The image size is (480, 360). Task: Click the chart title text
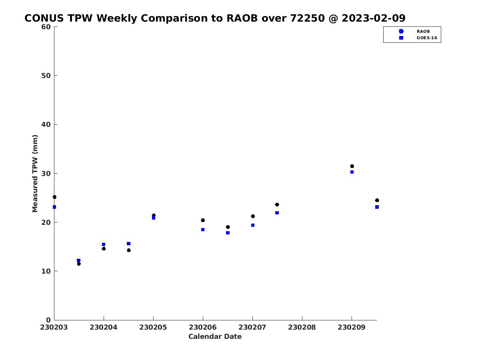tap(215, 18)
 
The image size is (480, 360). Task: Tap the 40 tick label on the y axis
tap(46, 124)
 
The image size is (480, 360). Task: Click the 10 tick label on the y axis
tap(46, 271)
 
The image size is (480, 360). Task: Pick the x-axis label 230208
tap(302, 327)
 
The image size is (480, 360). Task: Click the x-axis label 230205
tap(153, 327)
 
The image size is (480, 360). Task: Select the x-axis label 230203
tap(54, 327)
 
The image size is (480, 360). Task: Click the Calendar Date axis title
tap(215, 336)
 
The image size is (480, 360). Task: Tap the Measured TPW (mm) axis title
tap(35, 174)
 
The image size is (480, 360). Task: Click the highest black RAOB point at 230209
tap(352, 166)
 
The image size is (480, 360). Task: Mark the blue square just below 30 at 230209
tap(352, 172)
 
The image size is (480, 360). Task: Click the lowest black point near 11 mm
tap(79, 264)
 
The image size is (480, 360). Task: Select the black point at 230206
tap(203, 220)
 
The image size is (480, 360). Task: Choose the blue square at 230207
tap(252, 225)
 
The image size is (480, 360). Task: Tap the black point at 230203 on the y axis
tap(54, 197)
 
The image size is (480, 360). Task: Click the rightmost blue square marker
tap(377, 207)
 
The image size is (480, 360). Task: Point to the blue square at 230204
tap(104, 244)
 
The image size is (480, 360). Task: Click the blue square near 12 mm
tap(78, 260)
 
